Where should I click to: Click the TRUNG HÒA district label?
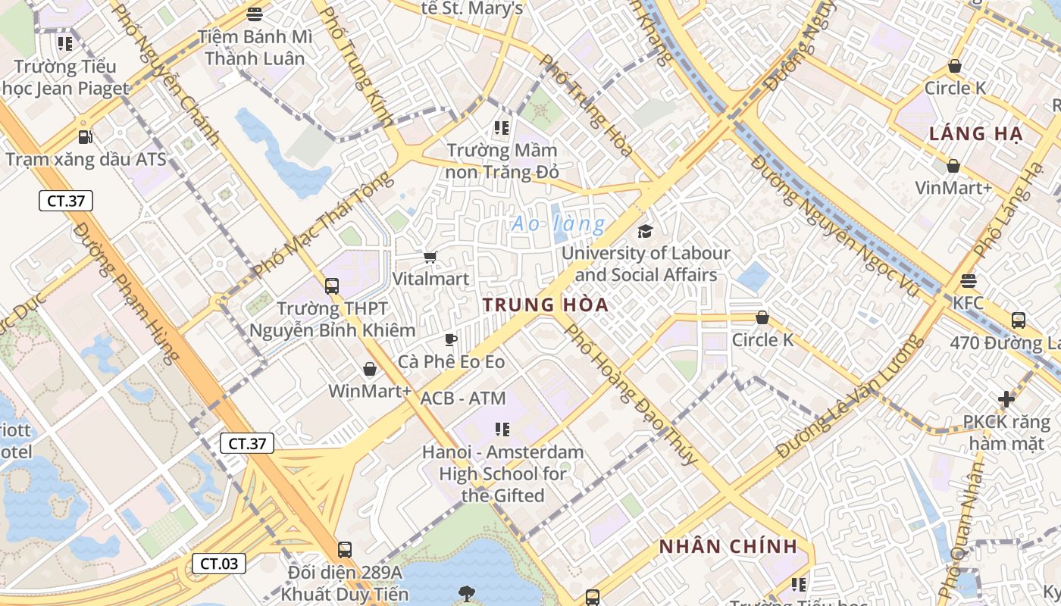tap(546, 305)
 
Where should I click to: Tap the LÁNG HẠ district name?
tap(976, 134)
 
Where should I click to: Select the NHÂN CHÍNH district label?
tap(728, 546)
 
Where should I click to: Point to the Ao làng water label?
tap(559, 224)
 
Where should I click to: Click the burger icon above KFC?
tap(968, 281)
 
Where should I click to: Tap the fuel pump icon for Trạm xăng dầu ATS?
tap(86, 137)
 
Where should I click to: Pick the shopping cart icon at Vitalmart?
tap(430, 258)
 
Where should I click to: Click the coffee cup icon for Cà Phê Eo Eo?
tap(451, 339)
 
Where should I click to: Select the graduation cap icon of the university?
tap(645, 231)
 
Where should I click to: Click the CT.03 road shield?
tap(219, 564)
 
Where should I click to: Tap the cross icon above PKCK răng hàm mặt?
tap(1006, 398)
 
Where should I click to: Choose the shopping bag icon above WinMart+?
tap(370, 369)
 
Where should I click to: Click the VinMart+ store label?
tap(953, 187)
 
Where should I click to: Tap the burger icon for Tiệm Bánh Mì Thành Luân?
tap(255, 14)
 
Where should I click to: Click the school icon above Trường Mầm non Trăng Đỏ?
tap(501, 127)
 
